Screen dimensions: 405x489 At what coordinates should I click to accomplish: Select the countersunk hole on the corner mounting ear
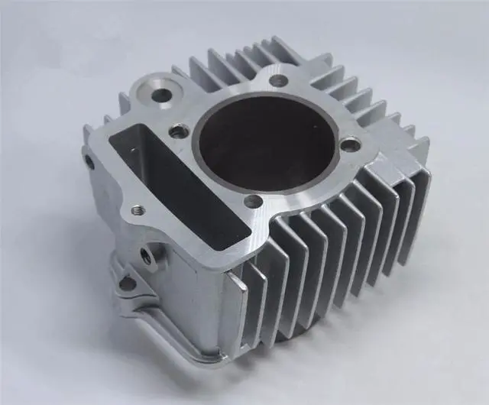163,96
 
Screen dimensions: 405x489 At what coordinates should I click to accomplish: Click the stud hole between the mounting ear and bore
178,131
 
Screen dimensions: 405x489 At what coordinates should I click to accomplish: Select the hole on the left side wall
89,162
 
